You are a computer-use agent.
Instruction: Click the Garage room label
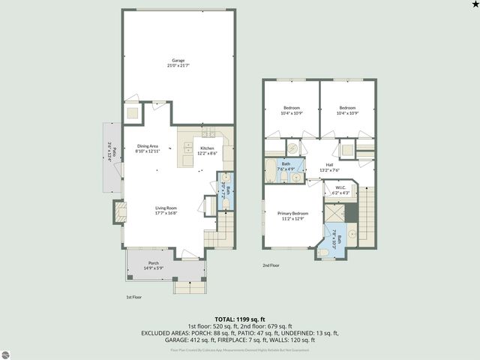[x=178, y=62]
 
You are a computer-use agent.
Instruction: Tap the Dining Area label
[x=147, y=148]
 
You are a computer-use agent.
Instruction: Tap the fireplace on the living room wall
[x=118, y=212]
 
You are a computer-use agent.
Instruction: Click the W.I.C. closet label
[x=340, y=190]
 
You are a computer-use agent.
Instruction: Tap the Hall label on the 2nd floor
[x=328, y=167]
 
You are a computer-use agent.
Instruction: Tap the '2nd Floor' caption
[x=271, y=265]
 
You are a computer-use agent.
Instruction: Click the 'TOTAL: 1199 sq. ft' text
[x=240, y=319]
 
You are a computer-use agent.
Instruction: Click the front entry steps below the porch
[x=189, y=286]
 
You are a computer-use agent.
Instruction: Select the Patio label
[x=109, y=151]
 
